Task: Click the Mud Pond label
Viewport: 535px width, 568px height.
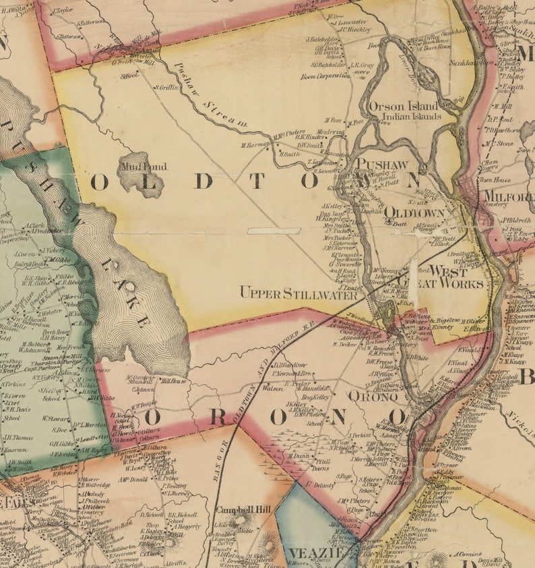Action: coord(143,166)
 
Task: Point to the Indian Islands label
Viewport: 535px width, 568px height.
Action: coord(411,116)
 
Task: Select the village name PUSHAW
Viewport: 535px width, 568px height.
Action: coord(382,163)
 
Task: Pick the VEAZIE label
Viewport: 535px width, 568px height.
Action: coord(312,554)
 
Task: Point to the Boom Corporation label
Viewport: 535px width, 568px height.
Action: coord(325,76)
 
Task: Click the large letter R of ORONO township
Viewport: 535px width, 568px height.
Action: coord(217,417)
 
